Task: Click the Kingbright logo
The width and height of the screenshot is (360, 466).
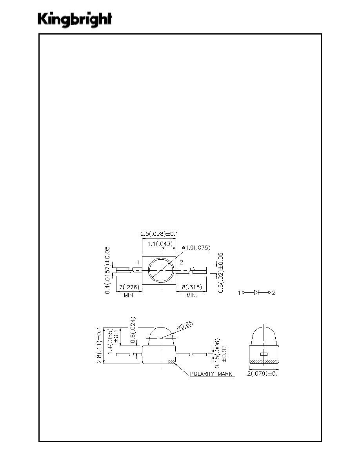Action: coord(75,20)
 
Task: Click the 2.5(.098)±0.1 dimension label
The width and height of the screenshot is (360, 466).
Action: coord(159,234)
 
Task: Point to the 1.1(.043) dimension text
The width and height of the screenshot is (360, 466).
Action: coord(160,244)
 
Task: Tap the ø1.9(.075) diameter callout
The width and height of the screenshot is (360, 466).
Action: coord(196,248)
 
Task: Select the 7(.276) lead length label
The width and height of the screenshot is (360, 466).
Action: coord(129,287)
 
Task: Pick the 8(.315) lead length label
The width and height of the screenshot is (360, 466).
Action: coord(192,287)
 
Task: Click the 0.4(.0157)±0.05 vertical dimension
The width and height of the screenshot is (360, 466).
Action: coord(107,270)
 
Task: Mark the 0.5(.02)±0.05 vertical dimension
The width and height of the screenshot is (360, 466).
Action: coord(221,273)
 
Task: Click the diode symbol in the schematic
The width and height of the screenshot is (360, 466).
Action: coord(256,293)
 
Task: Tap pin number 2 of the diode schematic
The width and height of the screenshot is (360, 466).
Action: coord(274,293)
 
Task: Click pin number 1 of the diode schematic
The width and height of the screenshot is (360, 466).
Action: coord(239,293)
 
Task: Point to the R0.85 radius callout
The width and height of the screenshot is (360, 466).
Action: coord(185,326)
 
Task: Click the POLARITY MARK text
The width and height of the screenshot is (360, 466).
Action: coord(211,374)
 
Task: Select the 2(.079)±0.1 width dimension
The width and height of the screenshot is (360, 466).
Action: coord(264,373)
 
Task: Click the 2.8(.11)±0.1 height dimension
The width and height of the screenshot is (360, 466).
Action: coord(100,345)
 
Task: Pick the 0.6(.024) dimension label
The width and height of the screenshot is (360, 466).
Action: coord(133,330)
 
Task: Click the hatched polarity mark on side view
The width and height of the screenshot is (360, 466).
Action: coord(172,362)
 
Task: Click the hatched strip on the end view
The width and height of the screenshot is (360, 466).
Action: coord(264,362)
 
